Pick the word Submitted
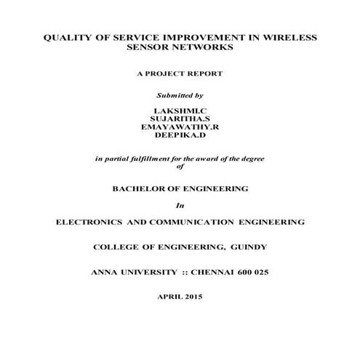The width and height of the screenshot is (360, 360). point(172,95)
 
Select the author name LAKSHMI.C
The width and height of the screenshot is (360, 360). point(180,108)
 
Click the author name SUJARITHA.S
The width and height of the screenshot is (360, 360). point(180,117)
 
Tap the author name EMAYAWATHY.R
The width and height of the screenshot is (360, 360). point(180,126)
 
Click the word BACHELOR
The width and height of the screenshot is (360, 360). point(136,188)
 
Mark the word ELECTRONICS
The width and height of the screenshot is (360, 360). point(89,220)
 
